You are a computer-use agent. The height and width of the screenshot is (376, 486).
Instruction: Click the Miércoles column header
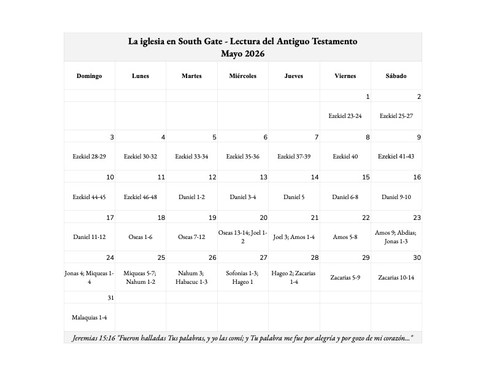(x=242, y=76)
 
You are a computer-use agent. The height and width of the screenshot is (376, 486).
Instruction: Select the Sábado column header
(x=396, y=76)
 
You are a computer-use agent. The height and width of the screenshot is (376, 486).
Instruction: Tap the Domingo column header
(x=89, y=76)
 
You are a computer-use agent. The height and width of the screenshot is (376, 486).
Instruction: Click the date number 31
(x=110, y=298)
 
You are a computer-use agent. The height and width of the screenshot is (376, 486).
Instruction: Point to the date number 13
(x=263, y=178)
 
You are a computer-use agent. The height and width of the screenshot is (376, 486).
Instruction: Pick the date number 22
(x=366, y=218)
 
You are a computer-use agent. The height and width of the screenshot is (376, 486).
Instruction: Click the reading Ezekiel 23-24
(x=345, y=116)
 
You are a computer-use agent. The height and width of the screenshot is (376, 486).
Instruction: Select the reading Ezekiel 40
(x=345, y=156)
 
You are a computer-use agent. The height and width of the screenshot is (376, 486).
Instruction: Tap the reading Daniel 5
(x=294, y=197)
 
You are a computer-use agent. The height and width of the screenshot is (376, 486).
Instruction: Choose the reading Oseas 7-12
(x=191, y=237)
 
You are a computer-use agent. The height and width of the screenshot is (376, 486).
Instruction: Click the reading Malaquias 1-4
(x=90, y=318)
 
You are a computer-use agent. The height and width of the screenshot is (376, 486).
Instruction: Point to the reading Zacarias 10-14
(x=396, y=277)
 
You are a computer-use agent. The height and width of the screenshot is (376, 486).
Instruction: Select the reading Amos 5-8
(x=345, y=237)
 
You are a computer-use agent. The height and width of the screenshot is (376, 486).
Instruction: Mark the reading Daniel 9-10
(x=396, y=197)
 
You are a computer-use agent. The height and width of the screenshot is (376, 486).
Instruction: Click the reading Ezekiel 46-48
(x=141, y=197)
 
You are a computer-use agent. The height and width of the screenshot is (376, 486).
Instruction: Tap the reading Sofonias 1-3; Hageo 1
(x=243, y=277)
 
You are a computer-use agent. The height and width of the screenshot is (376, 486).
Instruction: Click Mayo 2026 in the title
(x=243, y=53)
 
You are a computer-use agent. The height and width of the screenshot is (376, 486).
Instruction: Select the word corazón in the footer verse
(x=394, y=339)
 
